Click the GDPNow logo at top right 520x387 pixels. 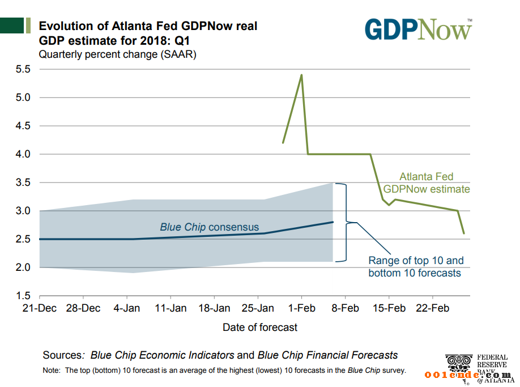[418, 29]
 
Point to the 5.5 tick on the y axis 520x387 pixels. [22, 70]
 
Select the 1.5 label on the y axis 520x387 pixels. [22, 296]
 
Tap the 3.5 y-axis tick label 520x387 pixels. [22, 182]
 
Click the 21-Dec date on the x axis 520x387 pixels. [39, 308]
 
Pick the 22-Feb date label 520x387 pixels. [433, 308]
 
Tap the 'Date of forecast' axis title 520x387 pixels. [260, 327]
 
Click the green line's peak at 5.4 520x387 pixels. [301, 75]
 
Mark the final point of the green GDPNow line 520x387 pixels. [464, 233]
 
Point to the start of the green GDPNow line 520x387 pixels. [283, 143]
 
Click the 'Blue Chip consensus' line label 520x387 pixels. [209, 227]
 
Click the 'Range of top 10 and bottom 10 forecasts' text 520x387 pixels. [416, 267]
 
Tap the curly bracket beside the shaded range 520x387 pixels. [342, 222]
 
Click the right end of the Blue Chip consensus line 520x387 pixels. [333, 222]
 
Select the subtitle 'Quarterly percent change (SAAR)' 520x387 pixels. [117, 55]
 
